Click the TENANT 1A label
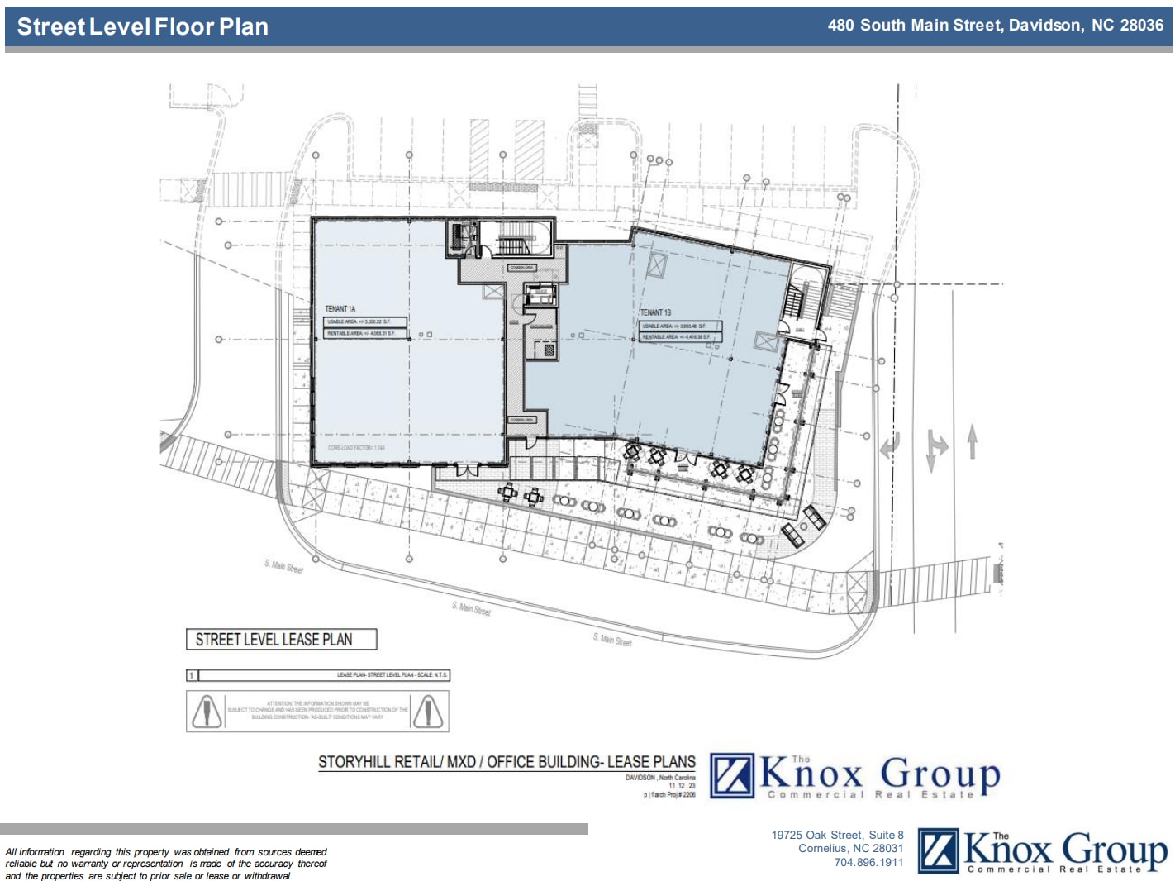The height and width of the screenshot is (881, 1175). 340,309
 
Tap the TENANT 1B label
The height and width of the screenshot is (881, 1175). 655,312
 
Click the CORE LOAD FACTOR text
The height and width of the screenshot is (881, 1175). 356,448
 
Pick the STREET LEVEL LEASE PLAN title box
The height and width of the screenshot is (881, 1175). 281,640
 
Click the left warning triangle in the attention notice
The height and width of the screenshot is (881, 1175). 206,711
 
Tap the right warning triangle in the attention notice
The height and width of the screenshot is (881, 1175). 428,711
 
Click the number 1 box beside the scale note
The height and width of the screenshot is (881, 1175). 192,675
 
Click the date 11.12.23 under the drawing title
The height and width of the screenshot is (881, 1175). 682,786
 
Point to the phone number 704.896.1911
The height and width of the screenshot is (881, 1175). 868,863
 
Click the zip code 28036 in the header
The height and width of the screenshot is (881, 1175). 1141,26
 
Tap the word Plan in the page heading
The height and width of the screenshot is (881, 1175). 243,26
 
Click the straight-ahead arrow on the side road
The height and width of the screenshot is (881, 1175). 973,441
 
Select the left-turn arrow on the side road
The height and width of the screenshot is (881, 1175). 890,446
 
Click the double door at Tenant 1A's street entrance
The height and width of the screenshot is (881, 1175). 467,470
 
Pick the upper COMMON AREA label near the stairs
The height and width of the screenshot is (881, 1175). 521,268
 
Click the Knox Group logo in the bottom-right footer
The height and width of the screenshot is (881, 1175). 1043,851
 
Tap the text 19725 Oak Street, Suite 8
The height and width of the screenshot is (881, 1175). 837,836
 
